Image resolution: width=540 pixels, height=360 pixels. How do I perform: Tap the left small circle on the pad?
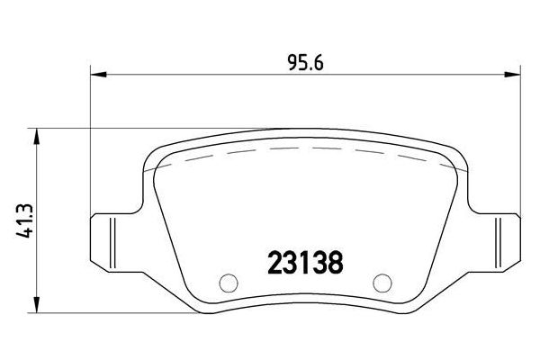click(226, 282)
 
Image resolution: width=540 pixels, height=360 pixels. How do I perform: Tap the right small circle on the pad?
click(383, 282)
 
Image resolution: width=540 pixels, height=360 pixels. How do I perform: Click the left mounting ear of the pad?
click(112, 238)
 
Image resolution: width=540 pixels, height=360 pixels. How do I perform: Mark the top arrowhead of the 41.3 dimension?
click(37, 134)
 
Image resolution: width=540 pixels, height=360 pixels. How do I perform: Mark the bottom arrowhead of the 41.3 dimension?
click(37, 304)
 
